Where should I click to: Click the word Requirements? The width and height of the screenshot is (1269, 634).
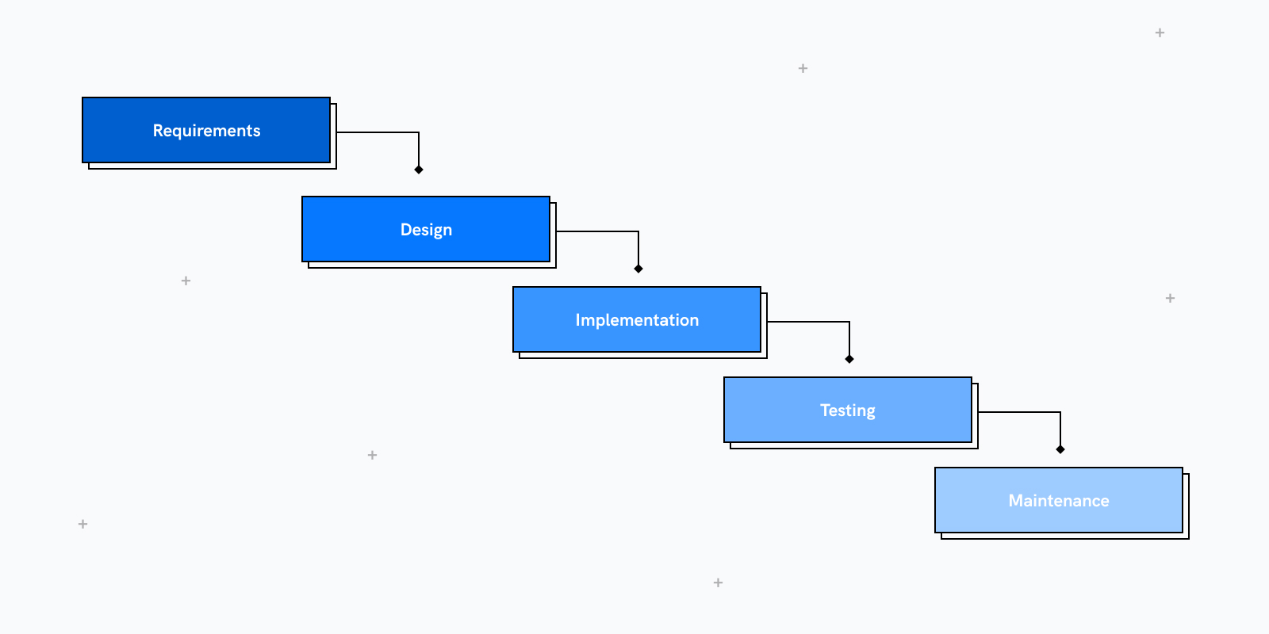206,131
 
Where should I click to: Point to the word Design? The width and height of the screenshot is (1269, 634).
426,230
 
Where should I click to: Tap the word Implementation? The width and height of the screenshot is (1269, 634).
637,320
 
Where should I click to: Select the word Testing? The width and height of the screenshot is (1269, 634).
848,411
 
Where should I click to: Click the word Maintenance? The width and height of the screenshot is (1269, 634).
1059,501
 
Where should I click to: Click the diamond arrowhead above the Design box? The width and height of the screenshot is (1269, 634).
419,170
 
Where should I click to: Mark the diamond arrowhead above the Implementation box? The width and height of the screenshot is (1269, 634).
638,269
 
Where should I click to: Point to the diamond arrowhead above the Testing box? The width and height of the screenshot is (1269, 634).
849,359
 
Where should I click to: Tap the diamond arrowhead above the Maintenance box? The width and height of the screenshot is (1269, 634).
1060,449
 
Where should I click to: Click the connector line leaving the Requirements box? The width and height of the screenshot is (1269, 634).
378,132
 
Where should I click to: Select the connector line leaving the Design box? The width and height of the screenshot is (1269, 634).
597,231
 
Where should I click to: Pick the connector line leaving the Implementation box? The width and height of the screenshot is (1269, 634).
808,322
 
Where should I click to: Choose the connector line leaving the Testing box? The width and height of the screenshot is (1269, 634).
1019,412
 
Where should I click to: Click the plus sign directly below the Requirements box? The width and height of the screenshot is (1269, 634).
186,281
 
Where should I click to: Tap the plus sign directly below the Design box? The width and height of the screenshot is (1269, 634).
372,455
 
